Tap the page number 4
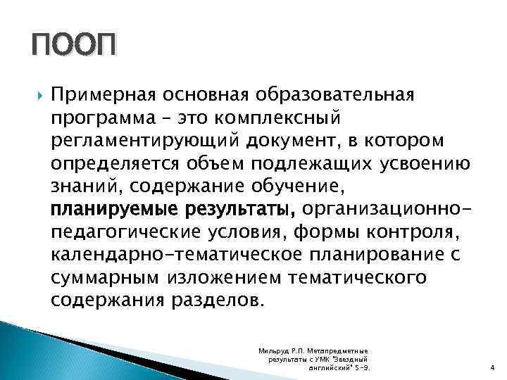point(490,368)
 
